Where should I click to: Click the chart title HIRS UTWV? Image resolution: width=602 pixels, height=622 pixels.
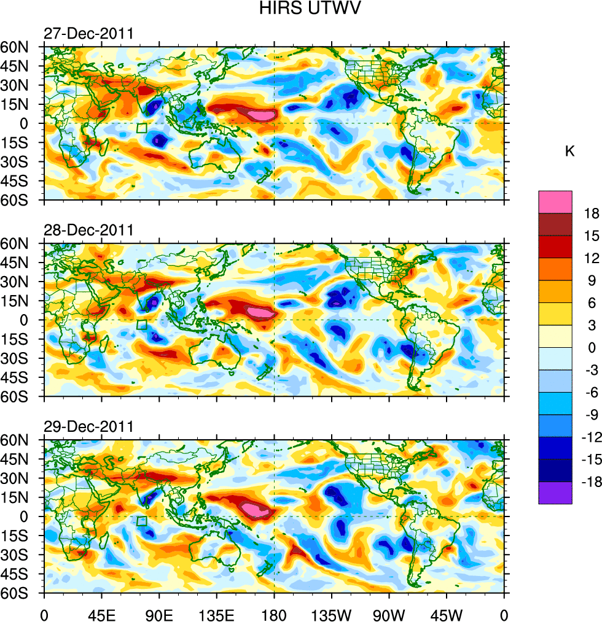pyautogui.click(x=300, y=9)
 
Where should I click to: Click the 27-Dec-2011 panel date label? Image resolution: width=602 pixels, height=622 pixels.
pyautogui.click(x=88, y=34)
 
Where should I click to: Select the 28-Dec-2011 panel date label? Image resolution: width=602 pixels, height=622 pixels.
pyautogui.click(x=88, y=231)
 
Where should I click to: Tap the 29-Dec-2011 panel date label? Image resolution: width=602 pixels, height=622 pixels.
pyautogui.click(x=88, y=427)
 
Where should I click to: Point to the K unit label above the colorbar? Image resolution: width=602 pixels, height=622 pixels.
pyautogui.click(x=569, y=151)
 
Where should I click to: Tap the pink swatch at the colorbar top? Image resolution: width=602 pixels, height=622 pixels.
pyautogui.click(x=555, y=202)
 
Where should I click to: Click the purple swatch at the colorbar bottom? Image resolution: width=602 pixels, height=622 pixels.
pyautogui.click(x=555, y=493)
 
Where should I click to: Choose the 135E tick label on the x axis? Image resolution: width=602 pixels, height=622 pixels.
pyautogui.click(x=216, y=614)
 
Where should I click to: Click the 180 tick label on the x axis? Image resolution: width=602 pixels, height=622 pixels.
pyautogui.click(x=274, y=614)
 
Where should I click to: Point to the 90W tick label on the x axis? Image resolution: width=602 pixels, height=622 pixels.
pyautogui.click(x=389, y=614)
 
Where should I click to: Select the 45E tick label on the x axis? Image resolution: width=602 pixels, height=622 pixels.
pyautogui.click(x=101, y=614)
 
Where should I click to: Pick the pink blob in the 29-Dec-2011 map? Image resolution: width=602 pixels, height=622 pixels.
pyautogui.click(x=254, y=509)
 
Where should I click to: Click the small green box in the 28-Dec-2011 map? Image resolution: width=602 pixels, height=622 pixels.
pyautogui.click(x=142, y=325)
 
